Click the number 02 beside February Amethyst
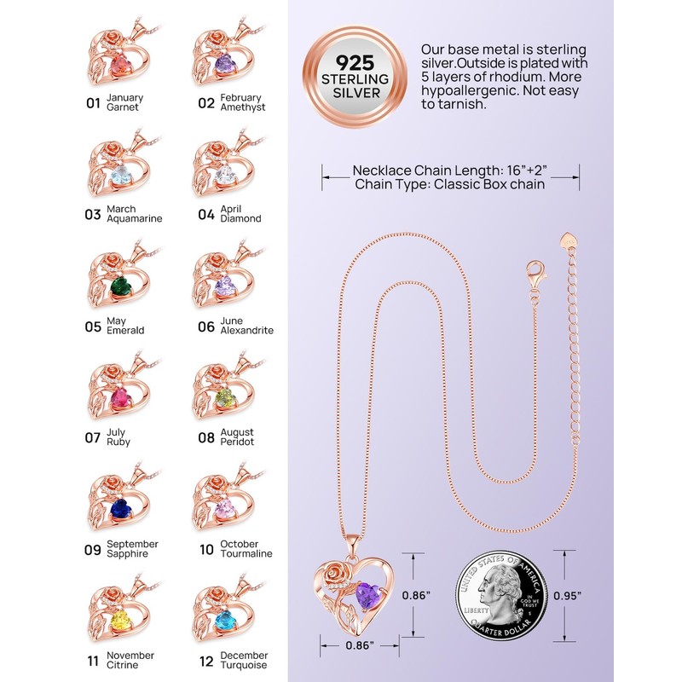206,103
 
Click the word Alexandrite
247,331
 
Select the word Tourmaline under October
246,553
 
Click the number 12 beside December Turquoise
206,661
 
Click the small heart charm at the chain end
568,238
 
